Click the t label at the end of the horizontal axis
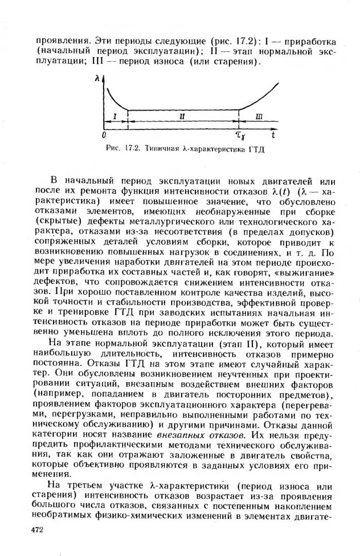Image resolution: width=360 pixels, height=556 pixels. click(273, 135)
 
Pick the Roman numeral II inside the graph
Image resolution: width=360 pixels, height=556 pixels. click(182, 118)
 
